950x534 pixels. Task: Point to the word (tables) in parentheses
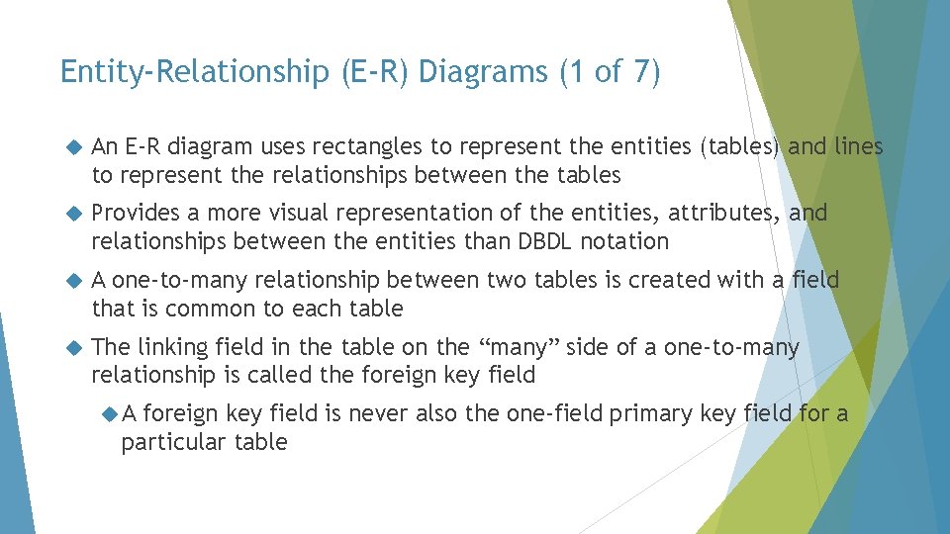(741, 148)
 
